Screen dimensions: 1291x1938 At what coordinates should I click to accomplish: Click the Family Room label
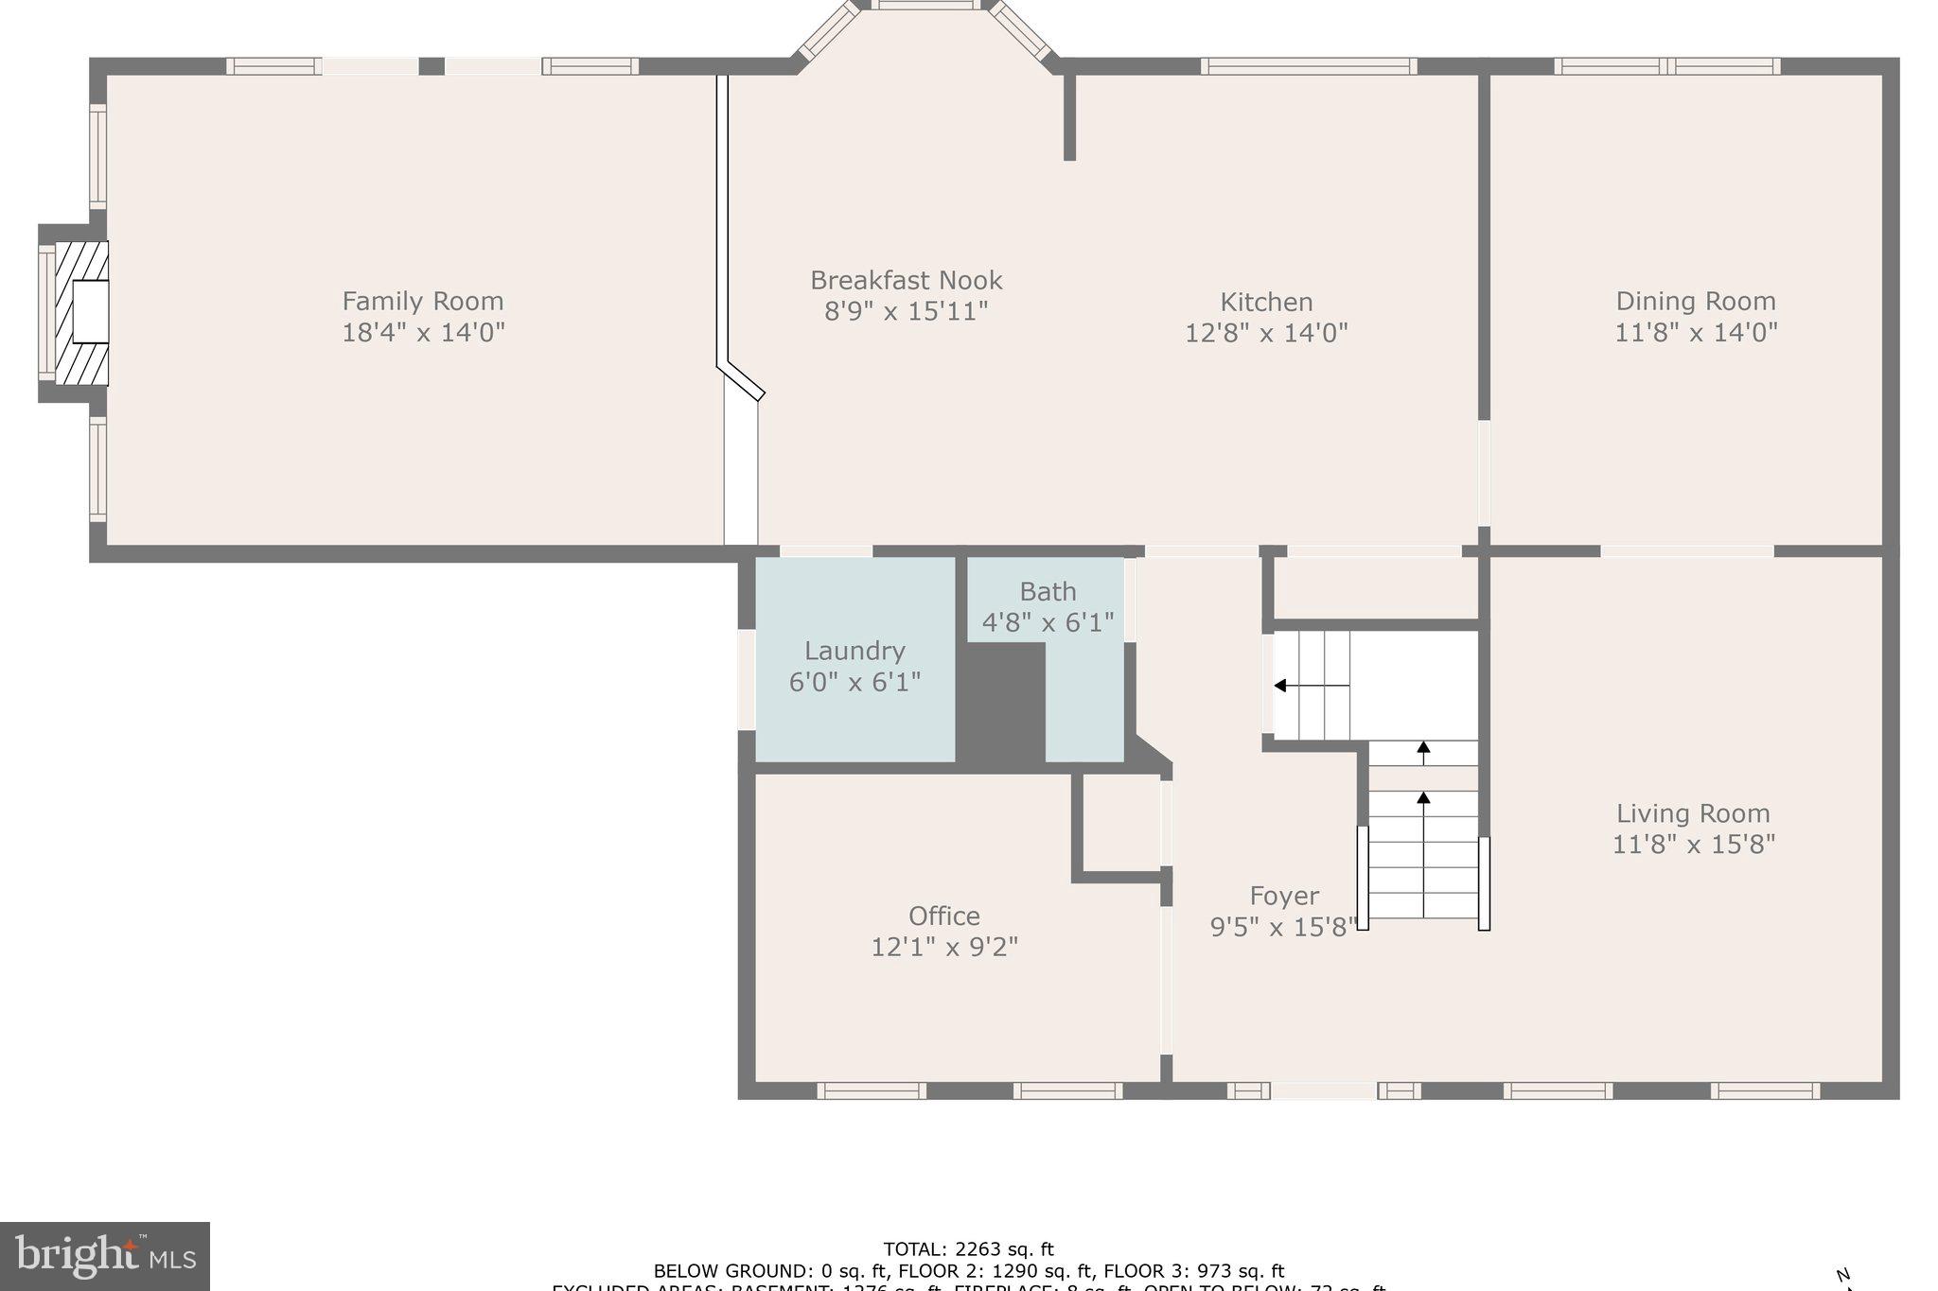click(422, 302)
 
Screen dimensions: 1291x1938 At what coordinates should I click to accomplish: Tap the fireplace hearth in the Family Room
click(81, 313)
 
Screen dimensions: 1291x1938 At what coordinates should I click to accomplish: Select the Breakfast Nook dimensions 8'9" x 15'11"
click(906, 311)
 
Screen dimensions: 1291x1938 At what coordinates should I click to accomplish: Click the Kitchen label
click(1266, 303)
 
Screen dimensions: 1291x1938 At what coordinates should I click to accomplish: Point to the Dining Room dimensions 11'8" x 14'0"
click(1696, 332)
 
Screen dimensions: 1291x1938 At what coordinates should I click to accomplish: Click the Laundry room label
click(854, 651)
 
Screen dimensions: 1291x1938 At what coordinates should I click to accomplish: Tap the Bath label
click(1048, 592)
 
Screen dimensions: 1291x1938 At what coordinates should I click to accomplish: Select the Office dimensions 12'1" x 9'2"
click(943, 947)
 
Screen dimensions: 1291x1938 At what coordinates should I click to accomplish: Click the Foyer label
click(1283, 896)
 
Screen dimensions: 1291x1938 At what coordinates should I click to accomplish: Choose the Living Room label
click(1692, 813)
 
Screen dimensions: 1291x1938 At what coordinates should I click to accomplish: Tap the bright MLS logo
click(104, 1255)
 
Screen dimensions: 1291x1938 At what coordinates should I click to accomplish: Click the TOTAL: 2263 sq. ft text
click(967, 1249)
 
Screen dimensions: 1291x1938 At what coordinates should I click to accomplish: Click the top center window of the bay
click(925, 5)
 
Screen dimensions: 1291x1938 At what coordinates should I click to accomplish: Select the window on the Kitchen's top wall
click(1308, 66)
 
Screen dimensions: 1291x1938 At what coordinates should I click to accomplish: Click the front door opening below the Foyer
click(1323, 1090)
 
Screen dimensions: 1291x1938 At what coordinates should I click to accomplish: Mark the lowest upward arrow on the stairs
click(1423, 800)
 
